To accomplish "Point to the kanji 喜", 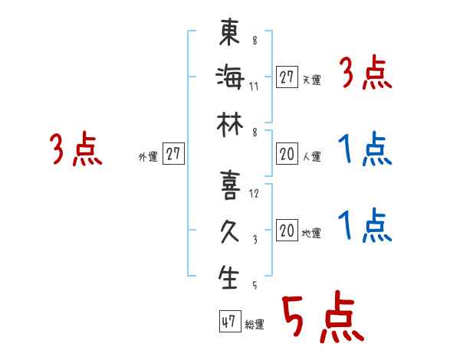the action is (228, 187).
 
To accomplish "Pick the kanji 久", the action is (228, 231).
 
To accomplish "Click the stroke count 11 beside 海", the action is (254, 85).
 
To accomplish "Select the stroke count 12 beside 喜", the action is (254, 194).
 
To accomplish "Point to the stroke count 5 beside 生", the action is (254, 286).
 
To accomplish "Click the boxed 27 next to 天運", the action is (287, 77).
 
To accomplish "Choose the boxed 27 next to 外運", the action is (173, 154).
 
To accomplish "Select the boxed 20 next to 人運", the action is (287, 154).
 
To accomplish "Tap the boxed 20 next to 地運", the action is (287, 231).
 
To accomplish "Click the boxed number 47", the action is (228, 322).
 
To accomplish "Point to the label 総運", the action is (255, 324).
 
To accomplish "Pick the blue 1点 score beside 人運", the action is (364, 149).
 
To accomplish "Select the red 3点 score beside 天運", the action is (364, 75).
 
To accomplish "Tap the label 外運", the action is (148, 156).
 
